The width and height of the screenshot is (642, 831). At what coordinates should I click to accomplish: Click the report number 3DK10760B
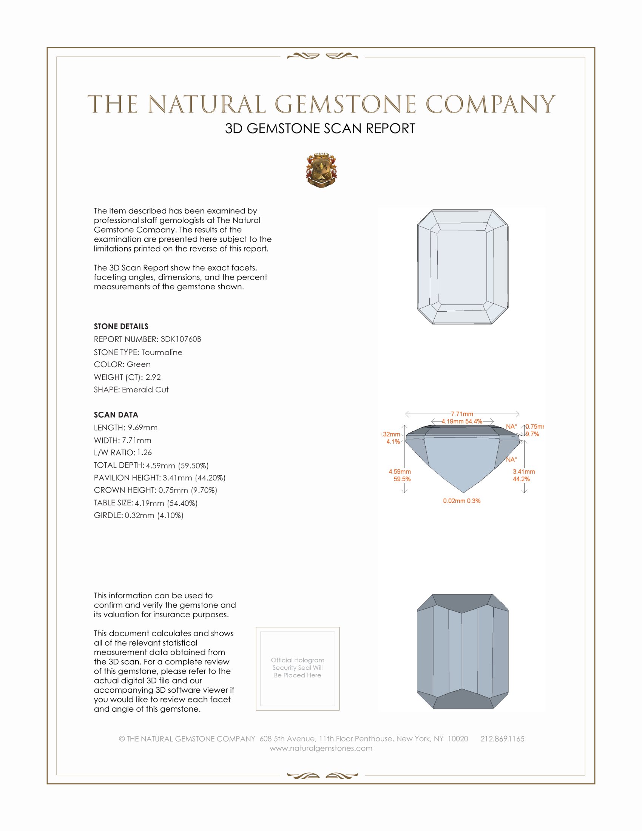pyautogui.click(x=181, y=339)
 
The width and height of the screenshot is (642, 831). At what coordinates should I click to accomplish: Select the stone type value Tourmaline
pyautogui.click(x=162, y=352)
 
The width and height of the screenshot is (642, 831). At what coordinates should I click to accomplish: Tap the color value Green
pyautogui.click(x=139, y=365)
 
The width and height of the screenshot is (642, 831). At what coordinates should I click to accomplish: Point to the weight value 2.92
pyautogui.click(x=153, y=377)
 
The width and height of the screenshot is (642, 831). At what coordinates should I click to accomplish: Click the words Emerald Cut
pyautogui.click(x=145, y=390)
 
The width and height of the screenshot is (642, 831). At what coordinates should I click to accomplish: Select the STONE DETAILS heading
pyautogui.click(x=121, y=326)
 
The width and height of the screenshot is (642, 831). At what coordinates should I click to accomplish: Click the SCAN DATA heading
pyautogui.click(x=116, y=415)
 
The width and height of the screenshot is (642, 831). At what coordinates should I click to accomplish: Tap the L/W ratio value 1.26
pyautogui.click(x=144, y=453)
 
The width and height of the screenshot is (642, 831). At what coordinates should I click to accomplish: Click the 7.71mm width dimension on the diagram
pyautogui.click(x=462, y=414)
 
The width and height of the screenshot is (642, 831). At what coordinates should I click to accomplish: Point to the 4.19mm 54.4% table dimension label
pyautogui.click(x=462, y=421)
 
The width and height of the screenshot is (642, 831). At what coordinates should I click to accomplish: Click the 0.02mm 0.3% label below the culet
pyautogui.click(x=461, y=501)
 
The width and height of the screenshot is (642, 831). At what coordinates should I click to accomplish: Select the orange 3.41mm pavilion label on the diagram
pyautogui.click(x=523, y=471)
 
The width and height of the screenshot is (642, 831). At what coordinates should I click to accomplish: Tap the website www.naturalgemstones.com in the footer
pyautogui.click(x=321, y=748)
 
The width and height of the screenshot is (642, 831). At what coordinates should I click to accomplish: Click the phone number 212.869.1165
pyautogui.click(x=502, y=738)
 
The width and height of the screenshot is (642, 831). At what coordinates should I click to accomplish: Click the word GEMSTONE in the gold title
pyautogui.click(x=345, y=104)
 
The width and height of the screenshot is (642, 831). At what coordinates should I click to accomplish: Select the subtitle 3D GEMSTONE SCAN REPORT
pyautogui.click(x=320, y=128)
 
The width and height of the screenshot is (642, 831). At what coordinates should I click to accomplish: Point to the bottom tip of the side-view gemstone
pyautogui.click(x=462, y=493)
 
